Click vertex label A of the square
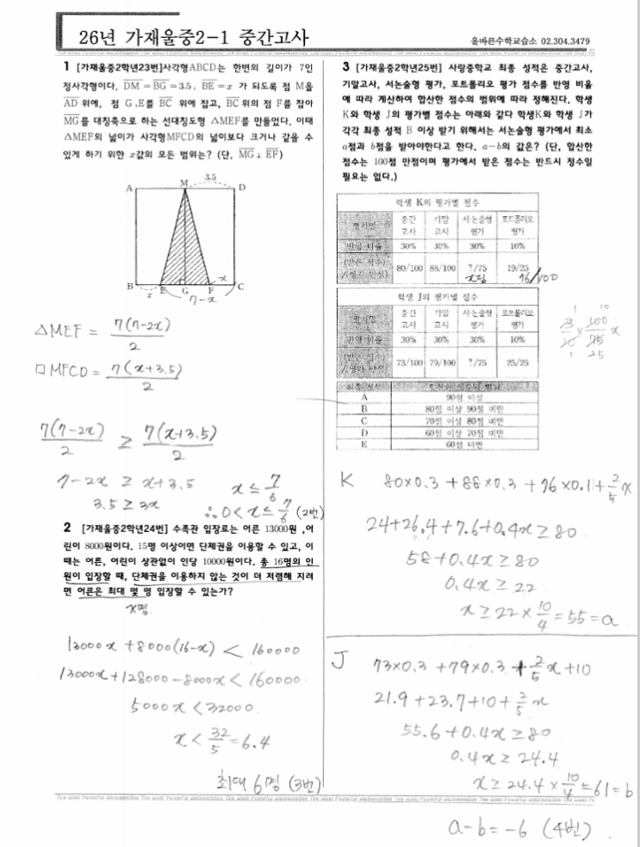click(129, 187)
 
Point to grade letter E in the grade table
click(366, 445)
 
